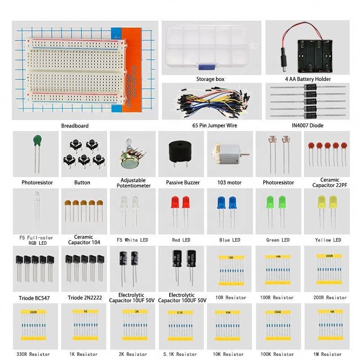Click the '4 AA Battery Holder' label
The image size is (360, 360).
[x=308, y=79]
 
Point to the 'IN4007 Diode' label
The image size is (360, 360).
[x=308, y=126]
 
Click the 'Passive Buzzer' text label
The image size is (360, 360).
[x=183, y=183]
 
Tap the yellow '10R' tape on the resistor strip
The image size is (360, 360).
[x=230, y=258]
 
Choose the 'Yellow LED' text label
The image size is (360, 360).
[x=328, y=240]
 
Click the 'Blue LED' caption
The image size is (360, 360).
[x=230, y=240]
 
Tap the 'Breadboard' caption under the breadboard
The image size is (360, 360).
[x=75, y=126]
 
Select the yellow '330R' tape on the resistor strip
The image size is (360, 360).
[x=33, y=311]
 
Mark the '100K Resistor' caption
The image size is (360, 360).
[x=278, y=355]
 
